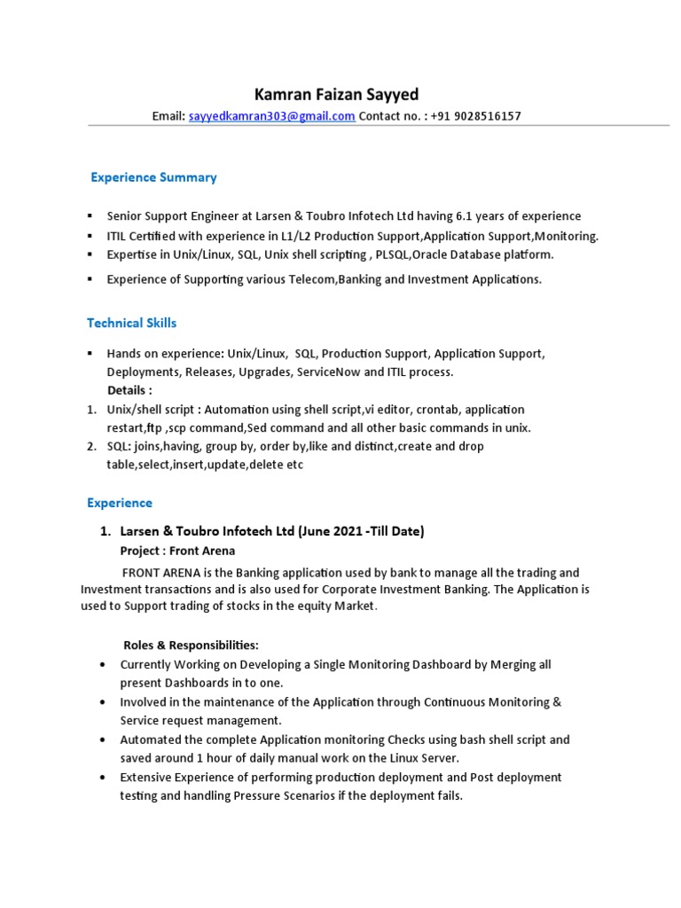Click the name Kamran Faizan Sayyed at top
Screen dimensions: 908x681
[x=337, y=94]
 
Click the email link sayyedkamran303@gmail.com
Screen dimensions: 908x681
[x=271, y=116]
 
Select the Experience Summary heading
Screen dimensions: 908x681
[x=153, y=177]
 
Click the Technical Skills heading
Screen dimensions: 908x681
[x=131, y=323]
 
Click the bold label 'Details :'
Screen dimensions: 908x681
[x=129, y=391]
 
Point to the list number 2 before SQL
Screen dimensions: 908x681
[x=91, y=447]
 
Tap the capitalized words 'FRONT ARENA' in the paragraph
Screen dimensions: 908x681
[x=156, y=573]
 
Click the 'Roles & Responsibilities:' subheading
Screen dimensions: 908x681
[x=191, y=645]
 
